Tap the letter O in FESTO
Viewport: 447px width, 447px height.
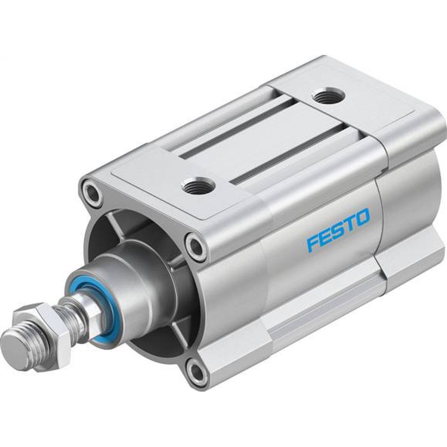pyautogui.click(x=363, y=216)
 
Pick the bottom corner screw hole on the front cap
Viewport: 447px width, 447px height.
pyautogui.click(x=196, y=371)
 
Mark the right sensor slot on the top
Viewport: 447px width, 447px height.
pyautogui.click(x=286, y=154)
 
